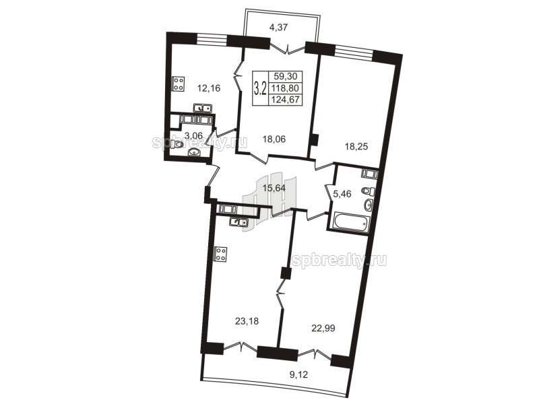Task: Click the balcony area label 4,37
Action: click(278, 26)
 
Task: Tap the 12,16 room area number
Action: click(209, 88)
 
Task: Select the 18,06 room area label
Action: click(274, 139)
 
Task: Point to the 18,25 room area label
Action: click(356, 147)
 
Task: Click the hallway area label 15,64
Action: click(274, 188)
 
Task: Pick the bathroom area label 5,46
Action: click(342, 194)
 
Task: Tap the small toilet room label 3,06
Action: click(193, 136)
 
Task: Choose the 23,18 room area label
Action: click(247, 322)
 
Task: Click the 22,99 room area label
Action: click(323, 329)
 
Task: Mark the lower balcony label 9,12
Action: click(298, 374)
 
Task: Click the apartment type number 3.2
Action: click(260, 88)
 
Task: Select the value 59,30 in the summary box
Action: click(286, 76)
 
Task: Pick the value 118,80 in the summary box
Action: click(285, 88)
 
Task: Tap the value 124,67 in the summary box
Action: click(285, 100)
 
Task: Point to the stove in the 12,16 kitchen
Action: click(179, 83)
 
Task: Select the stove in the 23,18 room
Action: click(221, 255)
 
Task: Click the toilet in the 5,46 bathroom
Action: click(369, 191)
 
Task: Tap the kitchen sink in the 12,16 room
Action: click(203, 108)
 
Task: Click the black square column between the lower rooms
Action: click(286, 273)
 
